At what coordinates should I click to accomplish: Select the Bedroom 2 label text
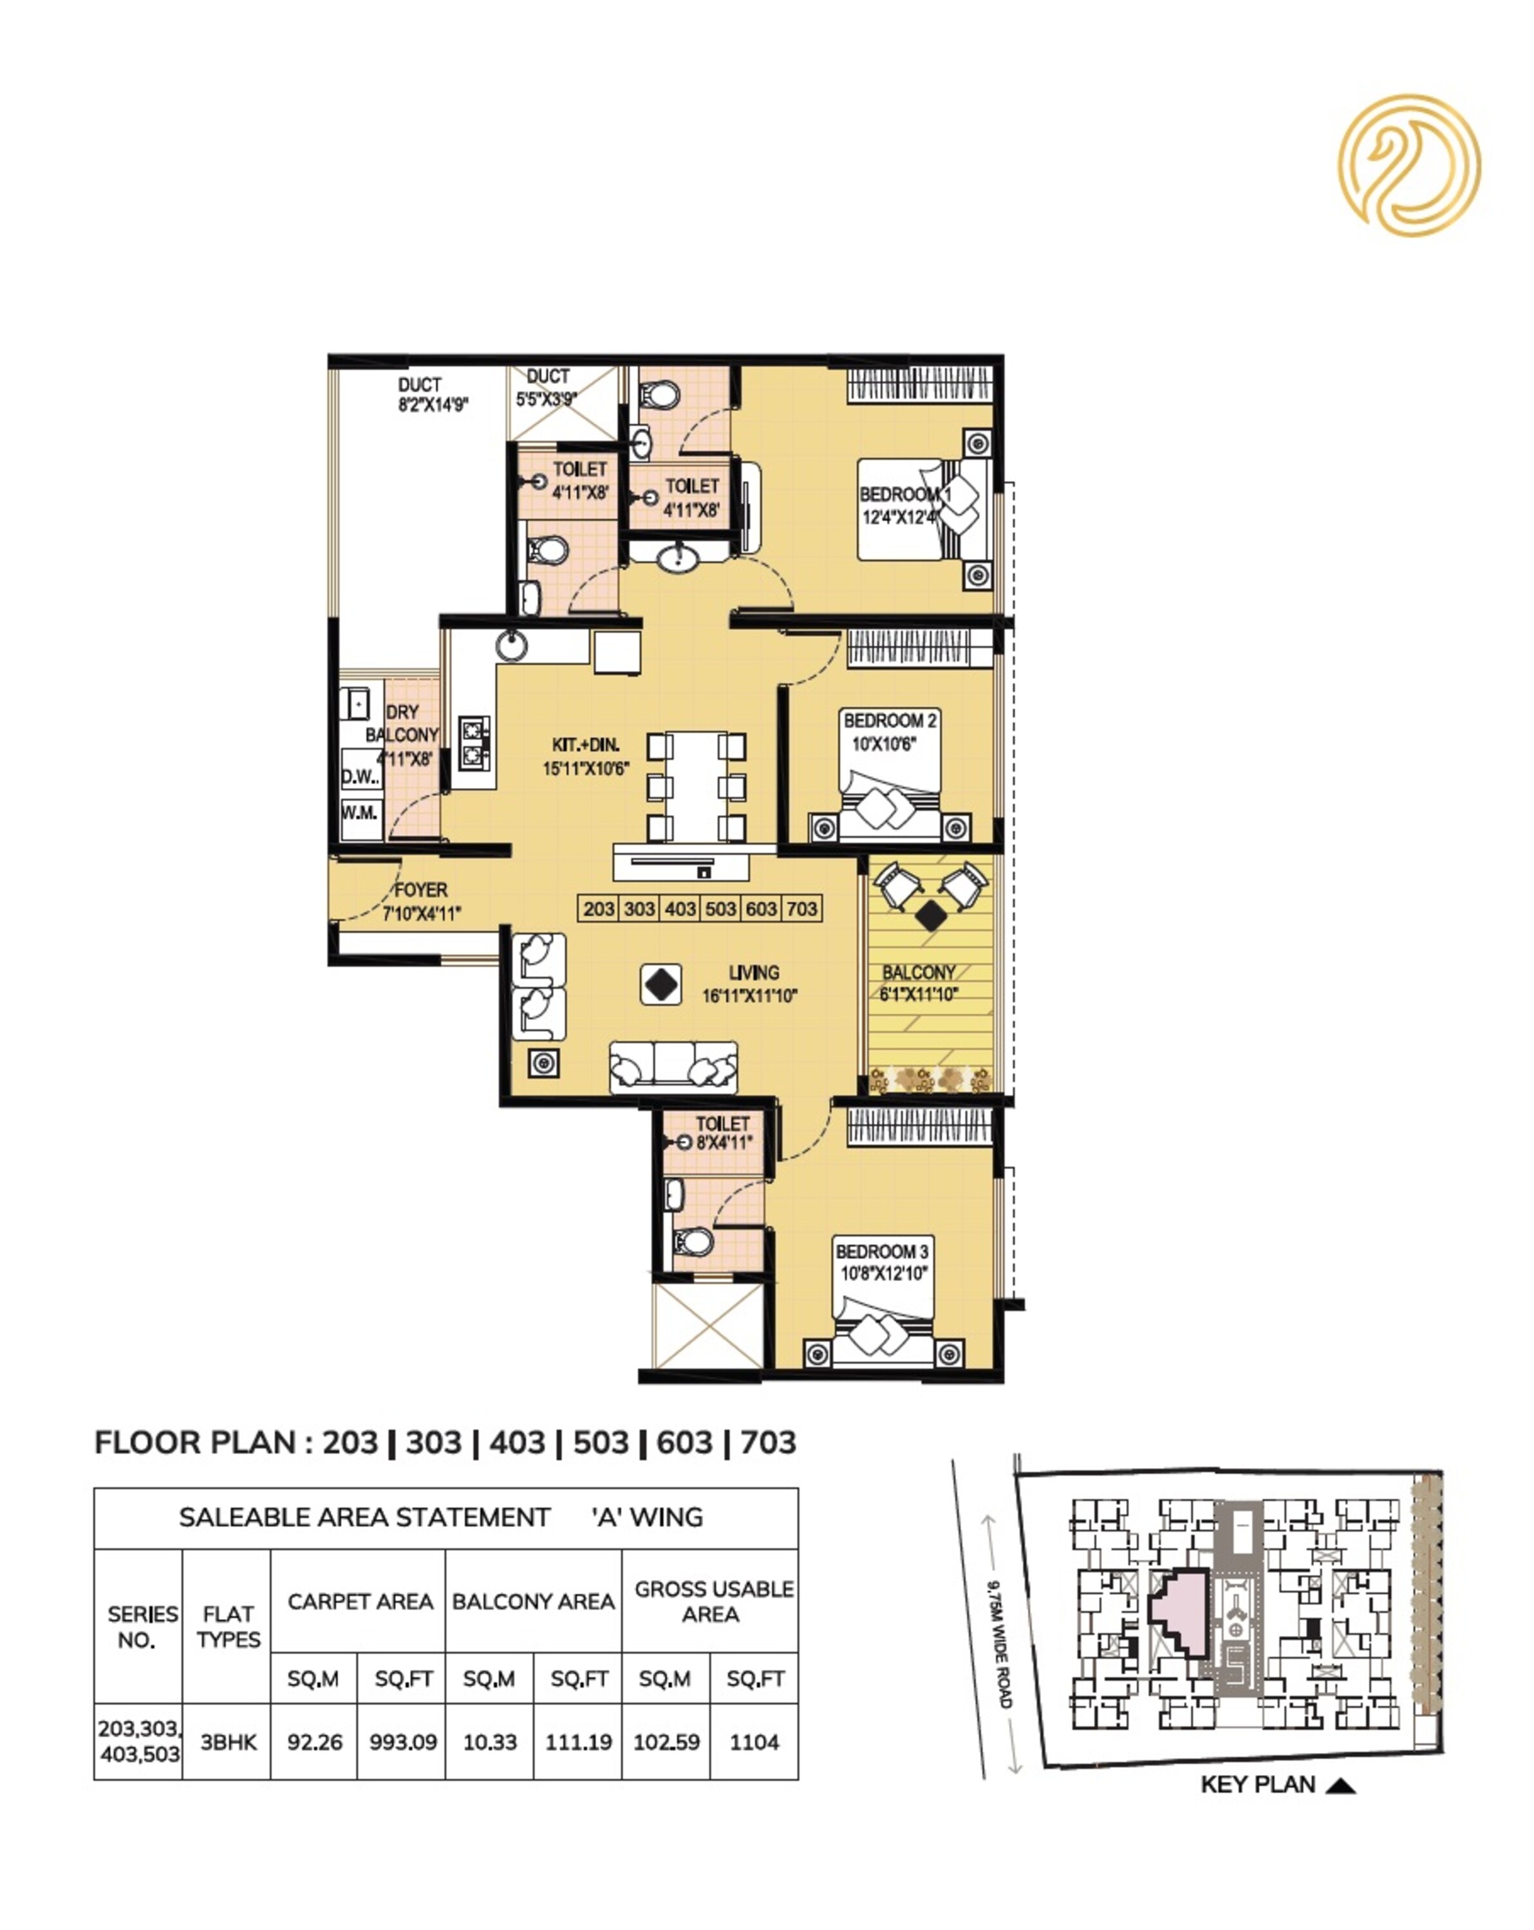(889, 732)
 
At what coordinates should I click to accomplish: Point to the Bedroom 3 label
(882, 1263)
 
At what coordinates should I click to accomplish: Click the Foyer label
(421, 901)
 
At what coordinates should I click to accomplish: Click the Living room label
(749, 984)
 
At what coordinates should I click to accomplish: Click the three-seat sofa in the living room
(673, 1067)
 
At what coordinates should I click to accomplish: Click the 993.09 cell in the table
(403, 1742)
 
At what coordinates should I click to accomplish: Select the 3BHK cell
(229, 1742)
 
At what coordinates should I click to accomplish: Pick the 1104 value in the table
(754, 1742)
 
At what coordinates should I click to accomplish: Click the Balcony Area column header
(533, 1601)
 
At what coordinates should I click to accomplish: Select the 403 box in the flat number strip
(680, 908)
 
